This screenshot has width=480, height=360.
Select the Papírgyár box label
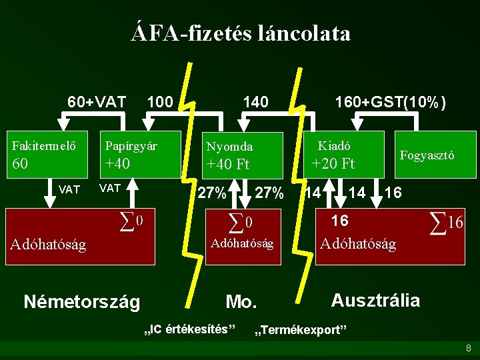(x=131, y=145)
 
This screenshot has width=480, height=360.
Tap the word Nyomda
(x=229, y=146)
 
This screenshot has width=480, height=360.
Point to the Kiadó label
(x=334, y=145)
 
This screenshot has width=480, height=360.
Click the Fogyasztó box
(x=427, y=155)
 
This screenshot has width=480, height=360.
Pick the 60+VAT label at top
(x=97, y=102)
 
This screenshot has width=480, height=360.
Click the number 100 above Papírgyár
(x=160, y=102)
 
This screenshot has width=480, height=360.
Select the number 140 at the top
(x=256, y=102)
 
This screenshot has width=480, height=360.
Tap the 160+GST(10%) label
(x=391, y=103)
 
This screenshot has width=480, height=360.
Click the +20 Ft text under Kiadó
(x=334, y=163)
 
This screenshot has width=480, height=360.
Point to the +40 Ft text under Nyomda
(x=228, y=164)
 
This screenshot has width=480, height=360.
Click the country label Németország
(x=81, y=302)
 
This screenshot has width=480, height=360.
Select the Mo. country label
(x=241, y=302)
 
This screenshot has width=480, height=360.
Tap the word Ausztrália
(x=375, y=300)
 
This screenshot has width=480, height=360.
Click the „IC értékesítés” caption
(x=191, y=329)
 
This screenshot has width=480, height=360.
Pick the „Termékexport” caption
(x=301, y=330)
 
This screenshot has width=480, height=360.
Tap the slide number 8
(x=469, y=348)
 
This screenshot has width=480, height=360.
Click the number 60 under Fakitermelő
(x=21, y=164)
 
